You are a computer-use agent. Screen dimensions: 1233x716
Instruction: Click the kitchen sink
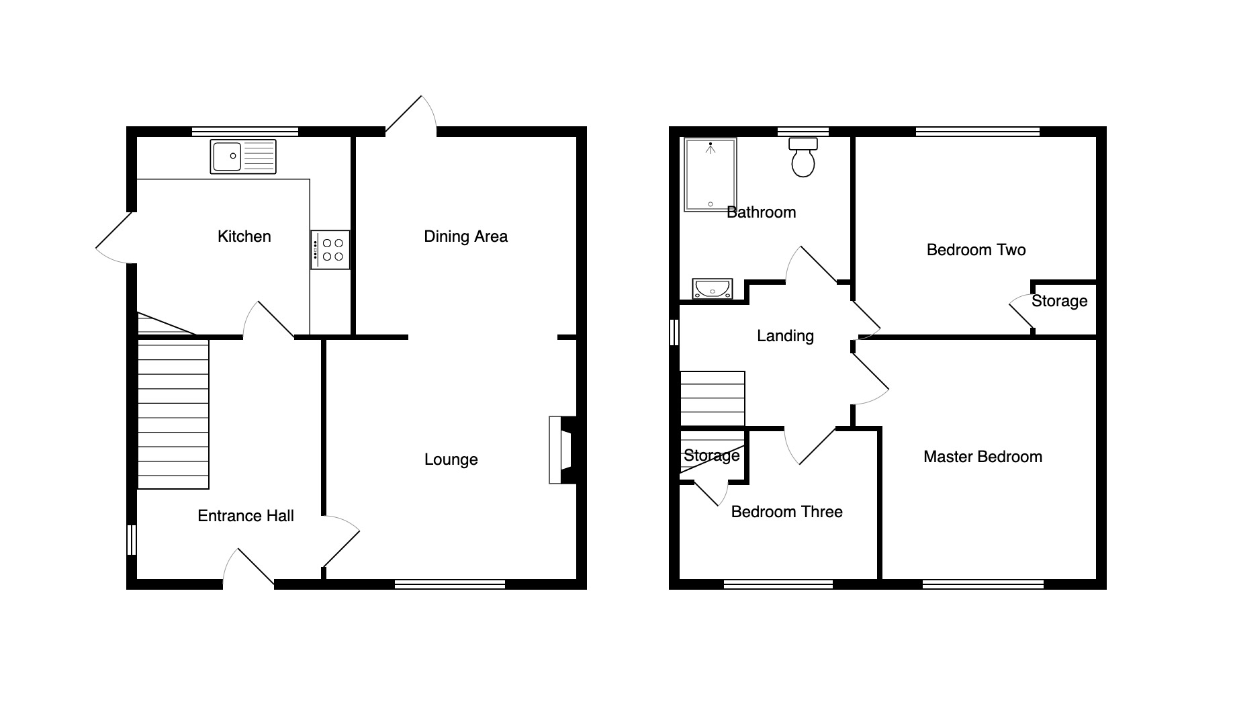pyautogui.click(x=243, y=156)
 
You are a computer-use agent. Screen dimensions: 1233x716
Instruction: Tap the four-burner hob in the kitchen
pyautogui.click(x=330, y=250)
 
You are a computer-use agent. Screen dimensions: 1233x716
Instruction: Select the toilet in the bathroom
pyautogui.click(x=803, y=157)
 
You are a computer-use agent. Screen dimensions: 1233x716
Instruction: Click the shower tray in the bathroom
pyautogui.click(x=710, y=175)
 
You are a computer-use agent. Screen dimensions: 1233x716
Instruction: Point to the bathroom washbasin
pyautogui.click(x=713, y=289)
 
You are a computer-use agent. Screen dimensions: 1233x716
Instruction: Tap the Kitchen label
pyautogui.click(x=244, y=236)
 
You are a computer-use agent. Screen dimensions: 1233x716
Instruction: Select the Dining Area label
pyautogui.click(x=466, y=236)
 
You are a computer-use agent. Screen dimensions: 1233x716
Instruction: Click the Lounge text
pyautogui.click(x=451, y=460)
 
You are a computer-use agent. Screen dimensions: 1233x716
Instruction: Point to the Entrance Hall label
pyautogui.click(x=246, y=516)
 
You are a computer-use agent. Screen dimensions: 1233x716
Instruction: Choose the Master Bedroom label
pyautogui.click(x=983, y=457)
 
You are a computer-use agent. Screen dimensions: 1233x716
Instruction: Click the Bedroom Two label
pyautogui.click(x=976, y=250)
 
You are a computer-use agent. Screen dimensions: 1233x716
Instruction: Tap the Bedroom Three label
pyautogui.click(x=787, y=512)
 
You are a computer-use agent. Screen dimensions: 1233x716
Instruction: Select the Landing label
pyautogui.click(x=786, y=336)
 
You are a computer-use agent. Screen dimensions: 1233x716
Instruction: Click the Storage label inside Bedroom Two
pyautogui.click(x=1060, y=301)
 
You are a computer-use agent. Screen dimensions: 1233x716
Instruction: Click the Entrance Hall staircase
pyautogui.click(x=173, y=414)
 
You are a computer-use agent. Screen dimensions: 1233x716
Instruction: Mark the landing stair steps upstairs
pyautogui.click(x=713, y=399)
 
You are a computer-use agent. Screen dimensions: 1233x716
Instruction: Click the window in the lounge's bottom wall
pyautogui.click(x=450, y=584)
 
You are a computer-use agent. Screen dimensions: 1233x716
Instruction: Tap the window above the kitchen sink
pyautogui.click(x=245, y=131)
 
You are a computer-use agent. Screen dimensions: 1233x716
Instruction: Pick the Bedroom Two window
pyautogui.click(x=978, y=131)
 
